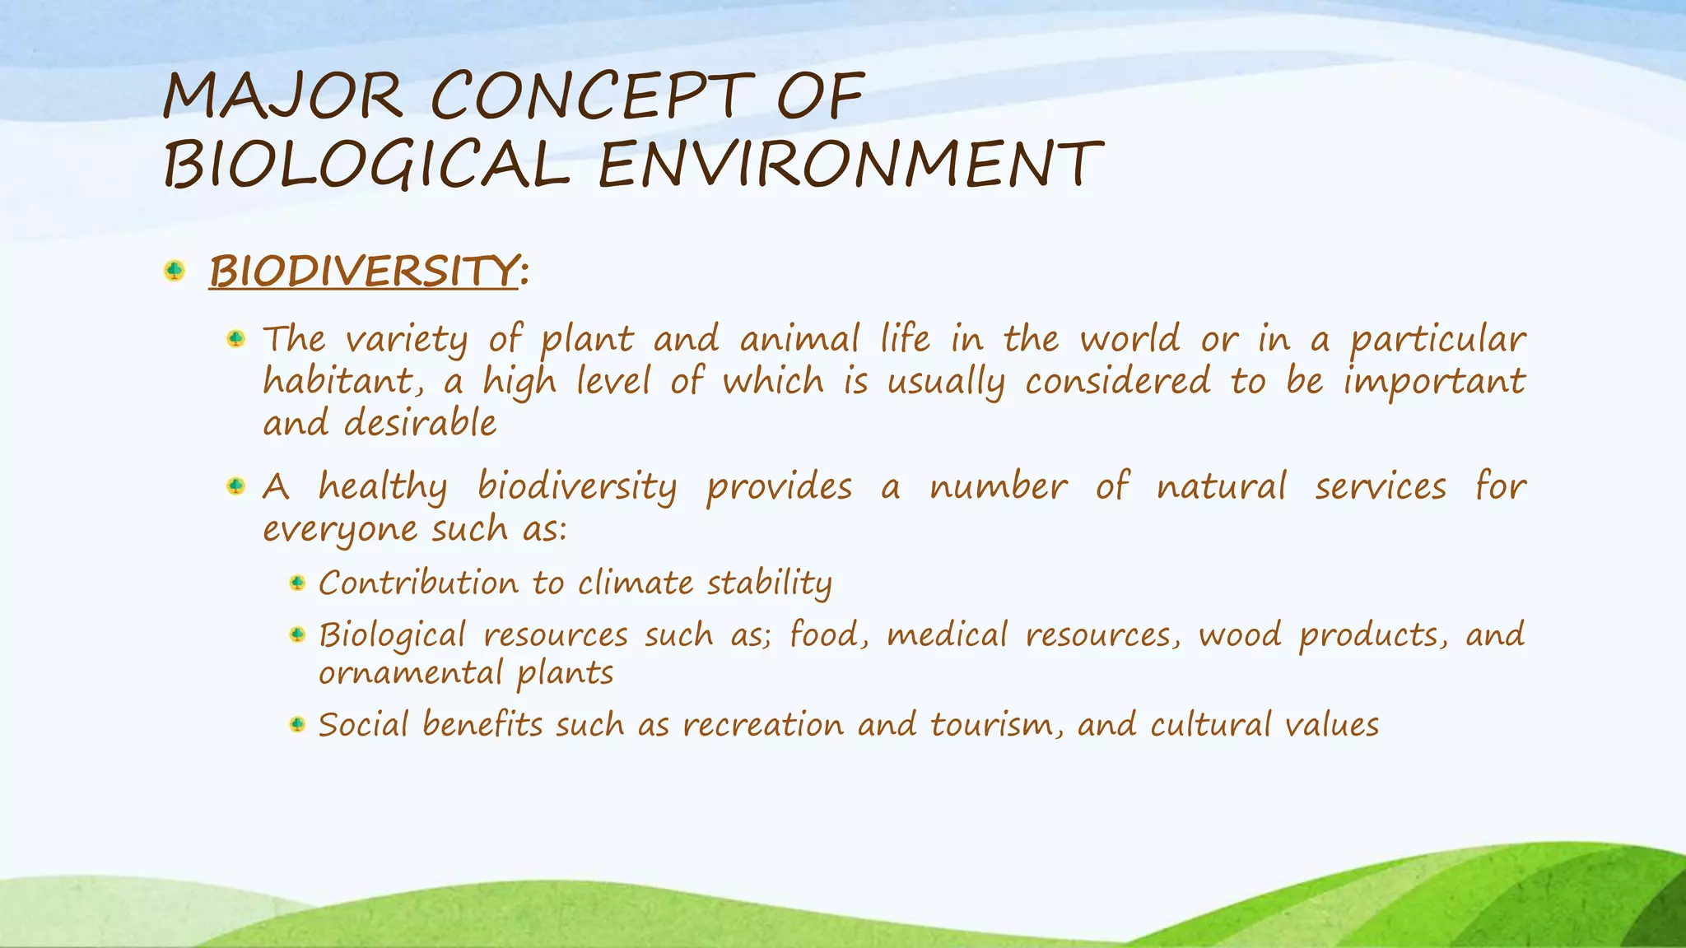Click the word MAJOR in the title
point(282,97)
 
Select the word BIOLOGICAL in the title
point(366,165)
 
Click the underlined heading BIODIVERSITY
point(364,271)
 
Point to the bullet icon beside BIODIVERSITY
point(175,270)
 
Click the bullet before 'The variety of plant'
point(236,338)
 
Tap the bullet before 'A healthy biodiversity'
point(236,486)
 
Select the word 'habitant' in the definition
point(326,382)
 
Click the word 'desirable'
point(420,424)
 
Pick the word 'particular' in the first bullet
point(1437,340)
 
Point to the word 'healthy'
point(383,487)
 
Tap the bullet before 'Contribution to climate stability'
point(298,583)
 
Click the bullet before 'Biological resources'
point(298,634)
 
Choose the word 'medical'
point(947,635)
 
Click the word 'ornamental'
point(410,673)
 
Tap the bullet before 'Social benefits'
point(298,724)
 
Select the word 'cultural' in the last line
point(1209,725)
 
